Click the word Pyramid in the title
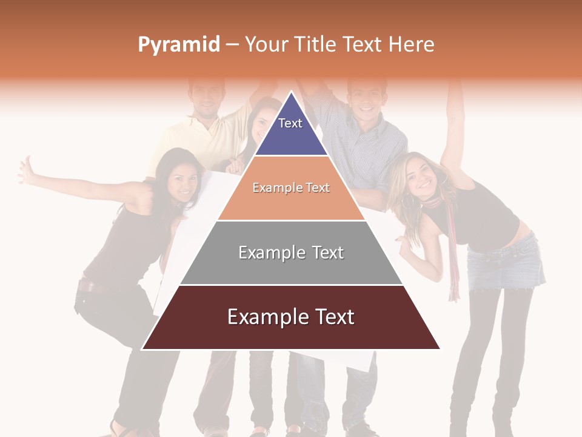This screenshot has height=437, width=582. coord(178,45)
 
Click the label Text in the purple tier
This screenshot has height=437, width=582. coord(290,123)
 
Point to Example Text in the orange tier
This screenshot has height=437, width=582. coord(291,188)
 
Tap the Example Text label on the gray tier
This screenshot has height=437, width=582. coord(291,252)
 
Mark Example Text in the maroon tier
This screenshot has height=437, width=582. coord(291,317)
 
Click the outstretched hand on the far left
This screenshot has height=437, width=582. coord(27,171)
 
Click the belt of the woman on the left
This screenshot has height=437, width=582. coord(97,285)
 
